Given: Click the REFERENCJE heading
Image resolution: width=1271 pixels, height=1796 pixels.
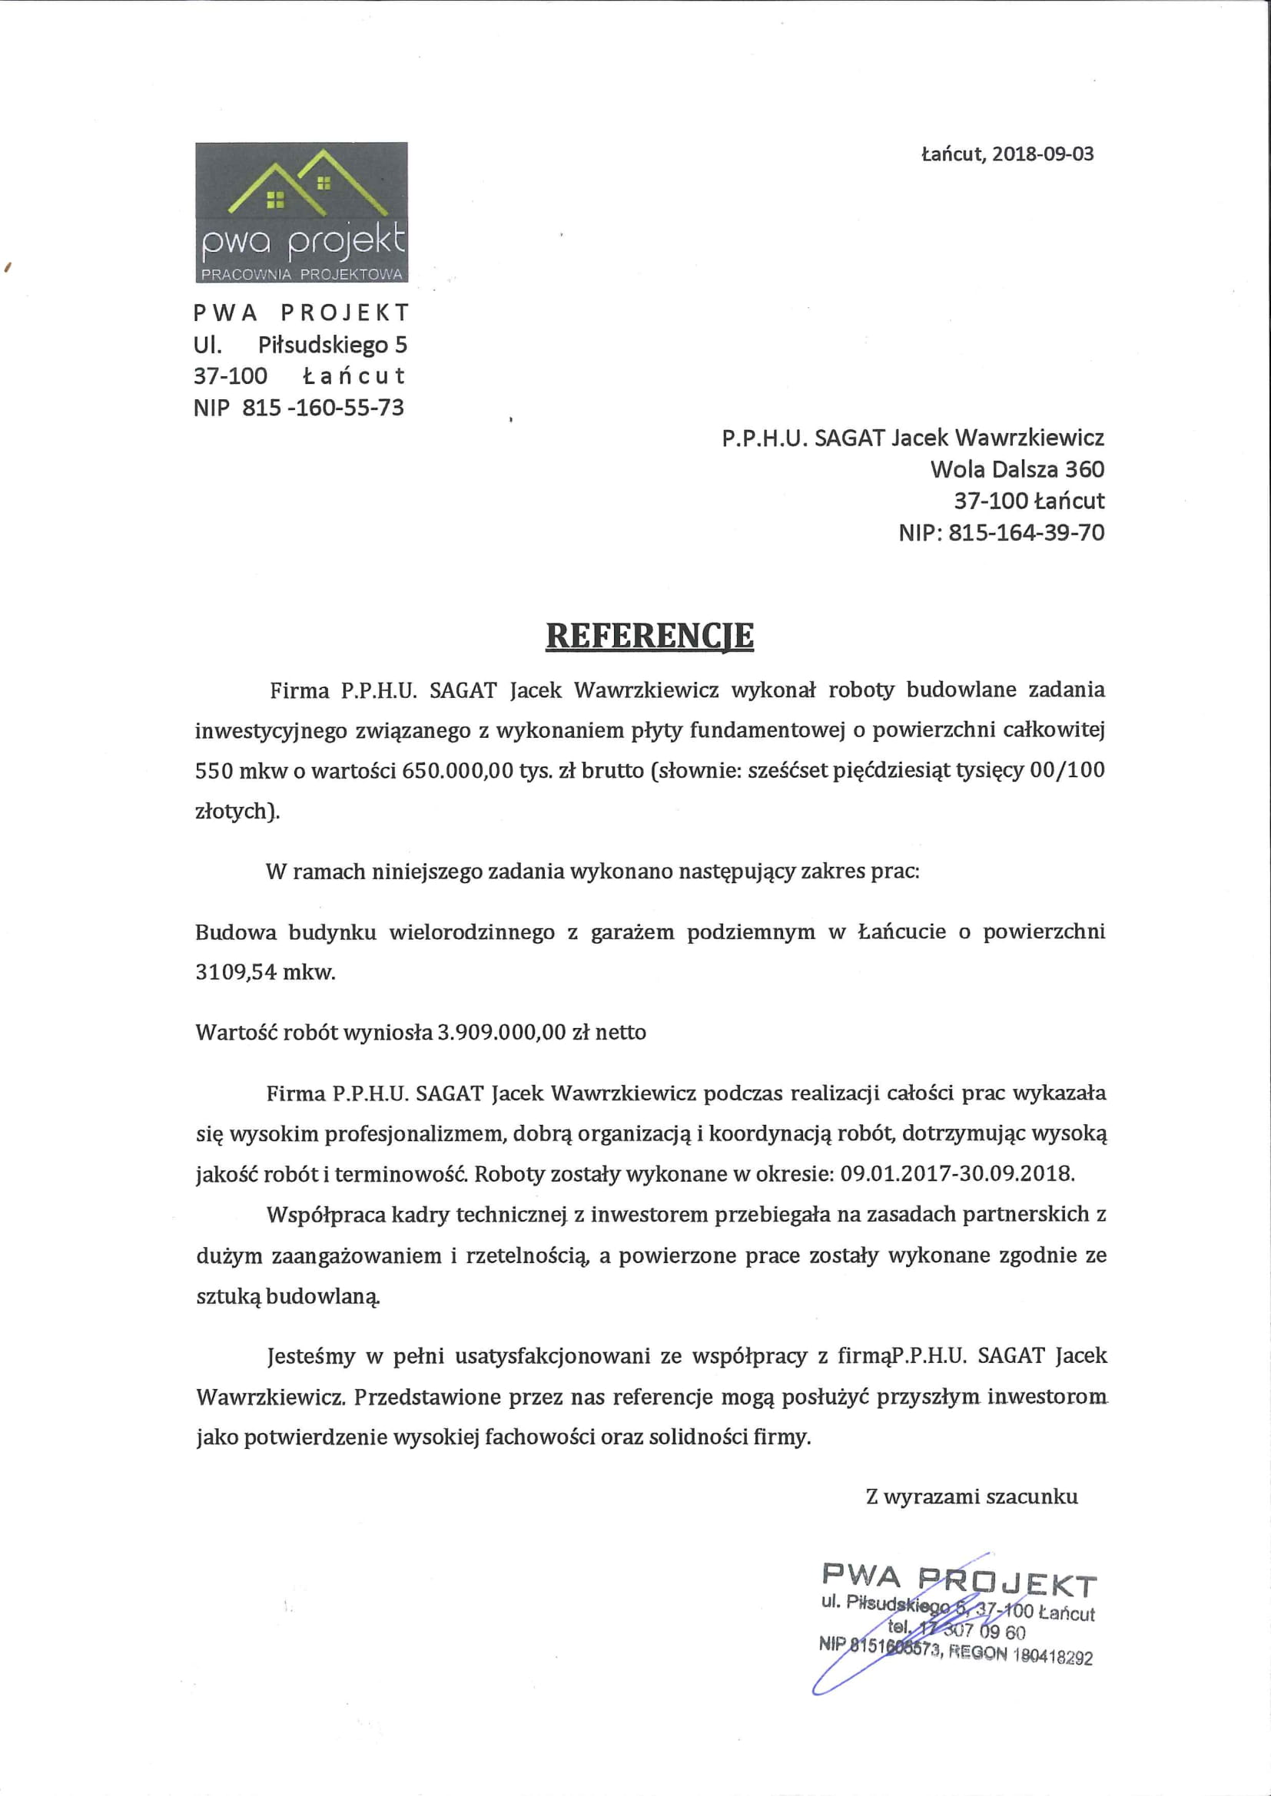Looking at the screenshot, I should (649, 636).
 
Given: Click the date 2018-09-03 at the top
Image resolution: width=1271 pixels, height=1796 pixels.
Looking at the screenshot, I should (1043, 154).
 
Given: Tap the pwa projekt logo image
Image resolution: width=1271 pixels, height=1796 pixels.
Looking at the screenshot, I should (301, 212).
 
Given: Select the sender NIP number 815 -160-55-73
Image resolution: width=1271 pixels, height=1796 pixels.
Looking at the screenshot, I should (324, 408).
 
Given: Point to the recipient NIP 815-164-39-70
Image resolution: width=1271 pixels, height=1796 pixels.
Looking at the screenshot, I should (1026, 533).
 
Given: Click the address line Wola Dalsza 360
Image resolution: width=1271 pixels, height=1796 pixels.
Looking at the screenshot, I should (1017, 469).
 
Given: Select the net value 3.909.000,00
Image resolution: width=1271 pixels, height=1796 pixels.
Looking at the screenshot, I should (501, 1033).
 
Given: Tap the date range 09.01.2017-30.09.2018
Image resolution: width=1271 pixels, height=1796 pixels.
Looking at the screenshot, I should (957, 1173).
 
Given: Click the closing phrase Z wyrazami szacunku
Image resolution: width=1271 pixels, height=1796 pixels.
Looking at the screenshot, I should (971, 1497).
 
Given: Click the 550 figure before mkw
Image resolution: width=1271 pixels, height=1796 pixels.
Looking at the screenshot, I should (214, 770).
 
